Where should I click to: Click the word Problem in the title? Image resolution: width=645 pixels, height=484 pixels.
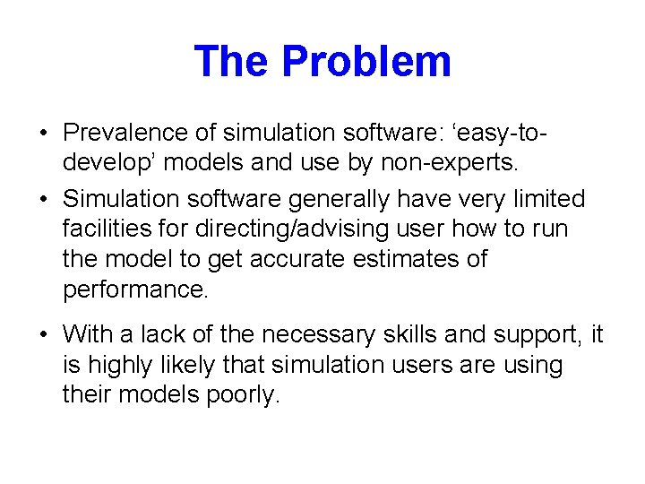[365, 62]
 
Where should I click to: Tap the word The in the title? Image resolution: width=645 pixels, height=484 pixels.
[232, 62]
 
